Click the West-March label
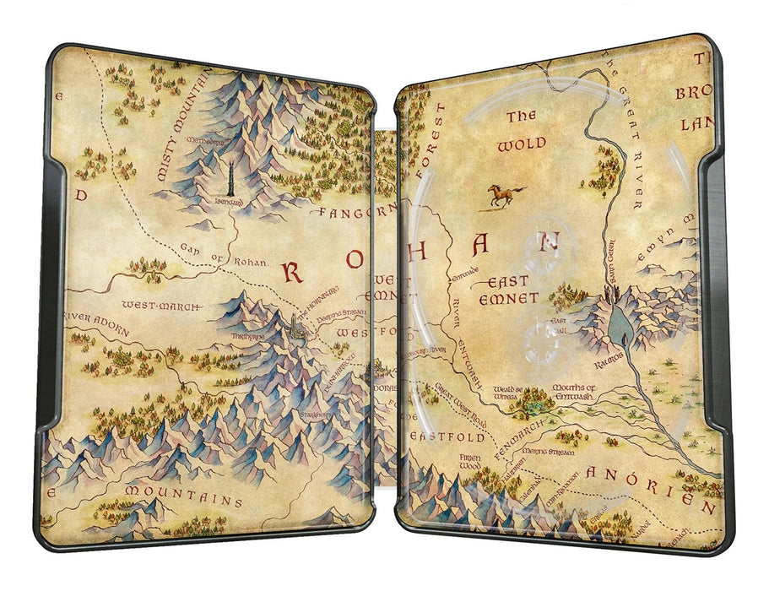[x=154, y=303]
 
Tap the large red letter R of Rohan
[x=295, y=271]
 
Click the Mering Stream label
[x=552, y=453]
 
